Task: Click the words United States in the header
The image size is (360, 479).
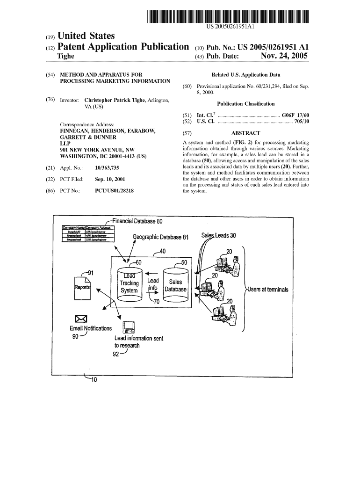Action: pyautogui.click(x=86, y=36)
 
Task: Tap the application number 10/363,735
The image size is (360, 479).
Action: pyautogui.click(x=107, y=167)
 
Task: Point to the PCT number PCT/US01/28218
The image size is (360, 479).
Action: pyautogui.click(x=111, y=190)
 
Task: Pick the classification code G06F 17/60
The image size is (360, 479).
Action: pyautogui.click(x=295, y=115)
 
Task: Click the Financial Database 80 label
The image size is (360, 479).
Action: pyautogui.click(x=137, y=221)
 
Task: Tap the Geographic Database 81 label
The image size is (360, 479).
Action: pyautogui.click(x=160, y=237)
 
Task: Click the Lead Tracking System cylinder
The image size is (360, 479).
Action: pyautogui.click(x=129, y=283)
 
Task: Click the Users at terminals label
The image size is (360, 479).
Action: pyautogui.click(x=268, y=290)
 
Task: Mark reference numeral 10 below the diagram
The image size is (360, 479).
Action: pyautogui.click(x=93, y=379)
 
